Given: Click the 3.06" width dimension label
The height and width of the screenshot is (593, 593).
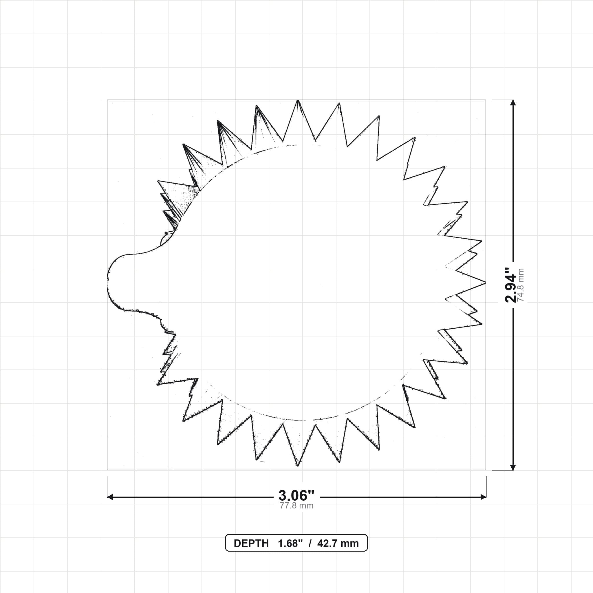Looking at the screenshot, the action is (x=296, y=495).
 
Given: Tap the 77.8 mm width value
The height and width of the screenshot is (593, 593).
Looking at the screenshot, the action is (x=296, y=506).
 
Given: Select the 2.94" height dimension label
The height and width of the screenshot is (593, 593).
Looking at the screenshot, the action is (x=511, y=285).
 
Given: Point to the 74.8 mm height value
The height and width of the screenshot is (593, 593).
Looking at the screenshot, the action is (x=521, y=285).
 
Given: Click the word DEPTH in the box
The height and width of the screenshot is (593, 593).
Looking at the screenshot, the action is (x=251, y=543).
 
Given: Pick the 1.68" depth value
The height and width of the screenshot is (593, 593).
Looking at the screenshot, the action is (x=290, y=543).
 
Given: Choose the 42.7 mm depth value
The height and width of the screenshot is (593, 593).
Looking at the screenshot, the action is (x=338, y=543).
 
